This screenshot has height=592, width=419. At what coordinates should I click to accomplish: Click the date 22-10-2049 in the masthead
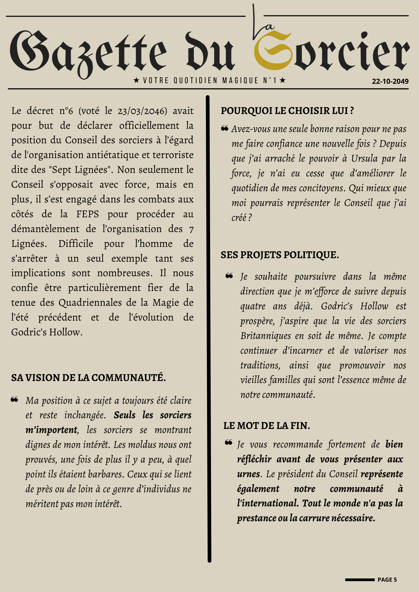[390, 81]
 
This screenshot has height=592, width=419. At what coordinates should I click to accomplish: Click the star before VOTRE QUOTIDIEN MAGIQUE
[136, 80]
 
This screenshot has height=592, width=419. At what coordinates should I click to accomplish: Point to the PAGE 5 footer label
[387, 580]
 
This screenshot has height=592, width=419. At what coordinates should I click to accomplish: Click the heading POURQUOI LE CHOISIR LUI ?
[287, 111]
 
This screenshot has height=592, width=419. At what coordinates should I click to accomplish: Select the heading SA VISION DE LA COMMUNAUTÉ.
[88, 378]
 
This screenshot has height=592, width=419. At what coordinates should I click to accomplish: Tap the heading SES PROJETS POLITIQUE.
[279, 255]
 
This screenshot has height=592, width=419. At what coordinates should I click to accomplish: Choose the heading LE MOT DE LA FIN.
[266, 426]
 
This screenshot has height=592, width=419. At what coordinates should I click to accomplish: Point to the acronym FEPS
[88, 214]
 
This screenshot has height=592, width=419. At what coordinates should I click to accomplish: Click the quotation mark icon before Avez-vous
[225, 128]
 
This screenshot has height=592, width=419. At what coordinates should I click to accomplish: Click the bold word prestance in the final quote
[256, 518]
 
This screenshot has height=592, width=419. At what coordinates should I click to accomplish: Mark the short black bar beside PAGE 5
[360, 580]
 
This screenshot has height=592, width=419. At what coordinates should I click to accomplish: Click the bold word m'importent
[51, 430]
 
